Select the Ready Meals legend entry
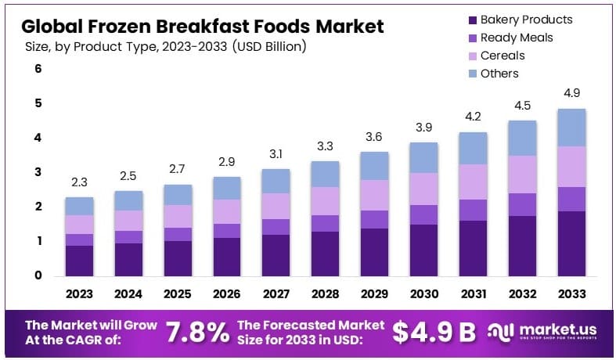pos(517,38)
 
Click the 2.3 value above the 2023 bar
pos(79,182)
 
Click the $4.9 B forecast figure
pos(433,332)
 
